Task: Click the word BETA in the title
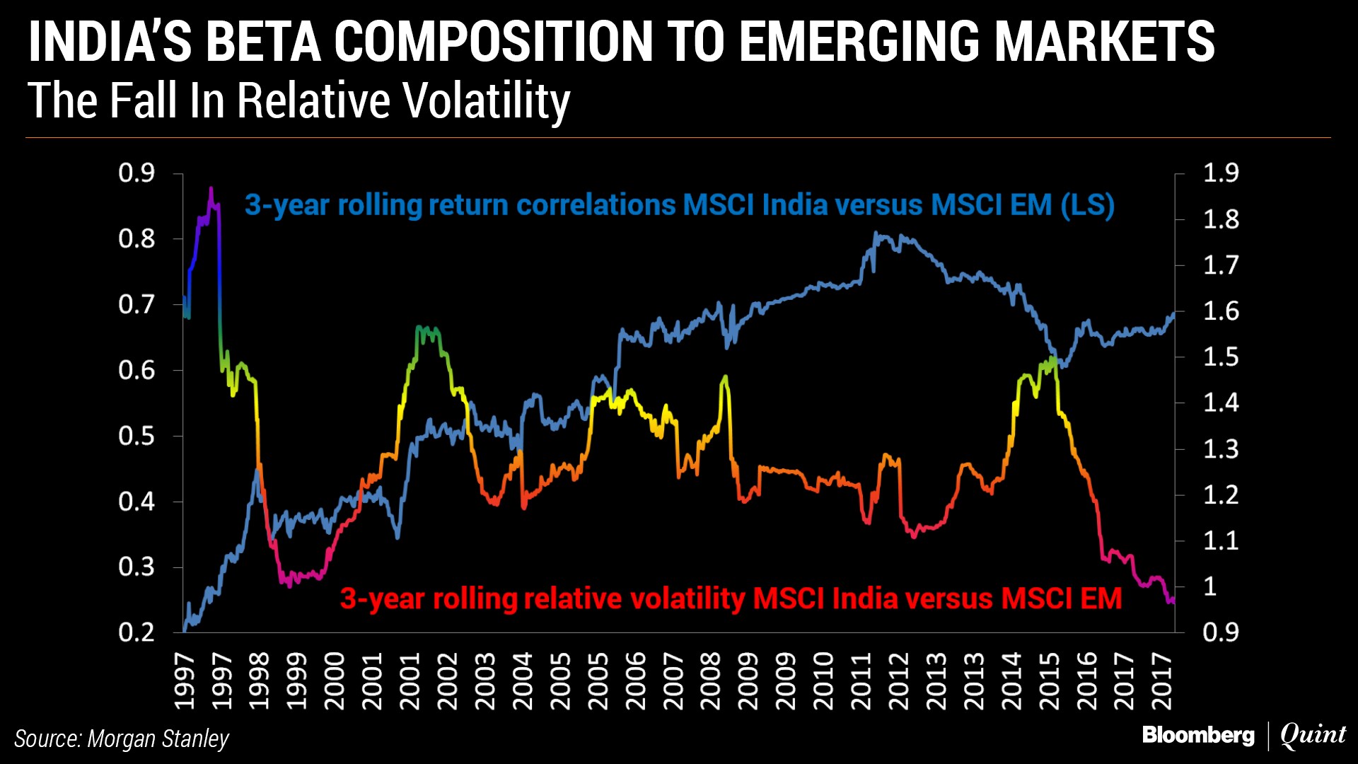point(263,42)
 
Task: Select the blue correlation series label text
point(679,205)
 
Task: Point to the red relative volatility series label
point(731,598)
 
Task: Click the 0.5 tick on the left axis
point(137,436)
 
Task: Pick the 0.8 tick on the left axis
point(137,239)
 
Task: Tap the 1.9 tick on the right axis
point(1221,173)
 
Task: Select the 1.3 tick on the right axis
point(1221,448)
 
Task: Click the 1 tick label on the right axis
point(1210,586)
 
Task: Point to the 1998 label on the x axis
point(259,681)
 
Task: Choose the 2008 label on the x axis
point(710,681)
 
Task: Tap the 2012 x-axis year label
point(898,681)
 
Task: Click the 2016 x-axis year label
point(1086,681)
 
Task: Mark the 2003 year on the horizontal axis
point(484,681)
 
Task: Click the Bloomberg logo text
point(1198,736)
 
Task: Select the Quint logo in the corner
point(1313,736)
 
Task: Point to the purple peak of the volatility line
point(211,190)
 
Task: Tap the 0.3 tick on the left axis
point(137,567)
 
